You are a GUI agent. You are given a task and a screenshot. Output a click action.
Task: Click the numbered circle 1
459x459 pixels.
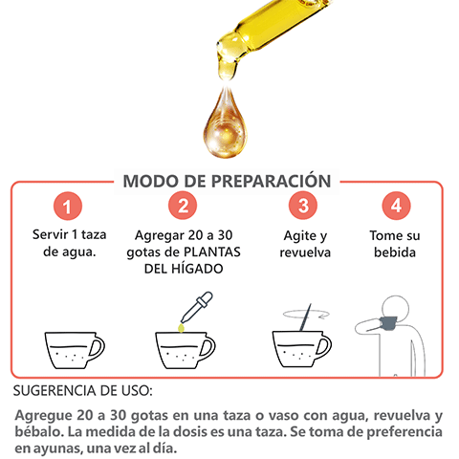(65, 206)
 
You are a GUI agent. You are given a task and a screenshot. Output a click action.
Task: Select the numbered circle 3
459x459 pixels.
(303, 206)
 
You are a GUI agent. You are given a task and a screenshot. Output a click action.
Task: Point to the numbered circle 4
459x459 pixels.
(395, 206)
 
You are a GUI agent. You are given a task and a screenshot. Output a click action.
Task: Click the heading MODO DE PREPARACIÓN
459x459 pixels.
(228, 182)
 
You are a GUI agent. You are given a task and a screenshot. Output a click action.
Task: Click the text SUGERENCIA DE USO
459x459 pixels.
(83, 392)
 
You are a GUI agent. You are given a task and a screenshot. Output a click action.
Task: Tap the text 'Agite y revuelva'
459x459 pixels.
(304, 243)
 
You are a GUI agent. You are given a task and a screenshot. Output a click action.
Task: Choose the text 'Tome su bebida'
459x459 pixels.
(395, 243)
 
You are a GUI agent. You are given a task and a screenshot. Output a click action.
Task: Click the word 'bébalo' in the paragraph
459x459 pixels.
(46, 432)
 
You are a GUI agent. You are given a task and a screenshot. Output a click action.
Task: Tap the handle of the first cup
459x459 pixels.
(97, 345)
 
